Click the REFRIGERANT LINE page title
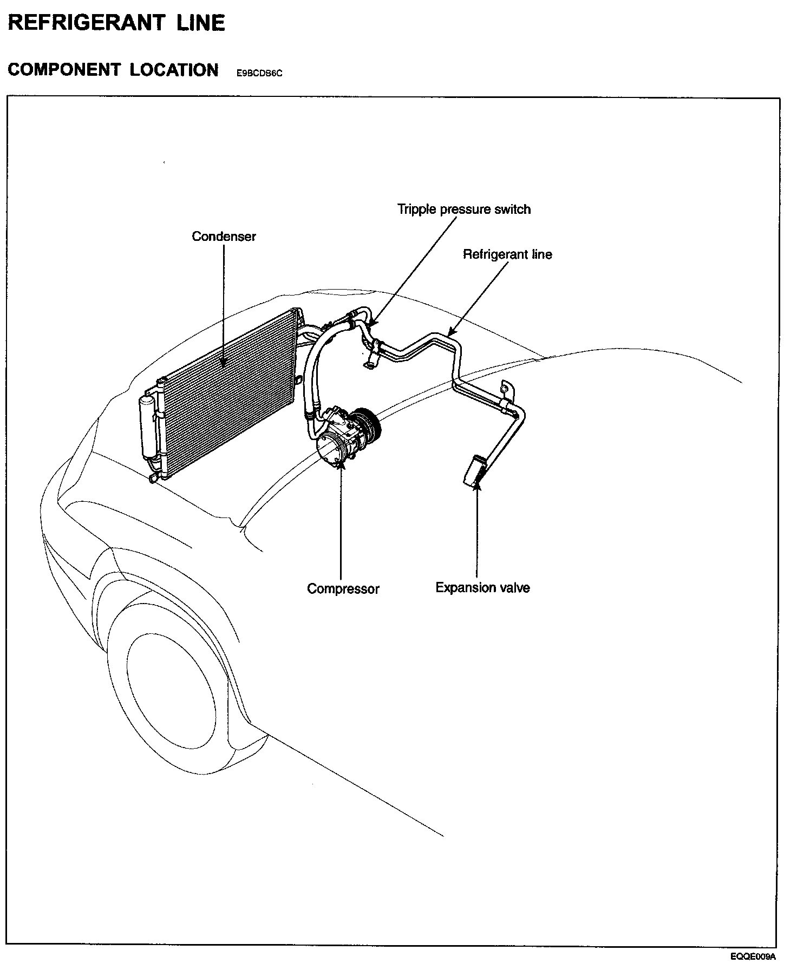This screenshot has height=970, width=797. click(x=116, y=23)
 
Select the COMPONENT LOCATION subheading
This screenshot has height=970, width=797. click(x=113, y=70)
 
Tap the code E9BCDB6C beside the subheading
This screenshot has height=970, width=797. click(x=259, y=73)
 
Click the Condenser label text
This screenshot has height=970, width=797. click(x=224, y=237)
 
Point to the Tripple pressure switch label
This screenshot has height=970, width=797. click(x=463, y=209)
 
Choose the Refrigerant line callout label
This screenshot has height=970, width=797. click(x=507, y=254)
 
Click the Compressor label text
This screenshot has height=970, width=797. click(x=343, y=588)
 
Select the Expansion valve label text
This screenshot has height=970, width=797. click(x=482, y=588)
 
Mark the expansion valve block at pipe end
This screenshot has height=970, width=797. click(x=473, y=469)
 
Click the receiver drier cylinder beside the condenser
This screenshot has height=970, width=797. click(x=147, y=428)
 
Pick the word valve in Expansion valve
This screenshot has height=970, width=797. click(x=515, y=588)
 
